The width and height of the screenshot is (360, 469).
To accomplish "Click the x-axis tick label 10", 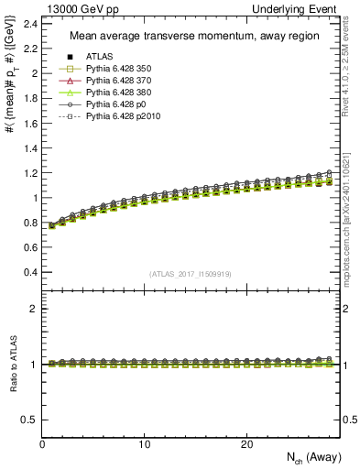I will [144, 444].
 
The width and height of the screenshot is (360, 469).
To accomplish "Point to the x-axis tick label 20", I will [245, 444].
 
